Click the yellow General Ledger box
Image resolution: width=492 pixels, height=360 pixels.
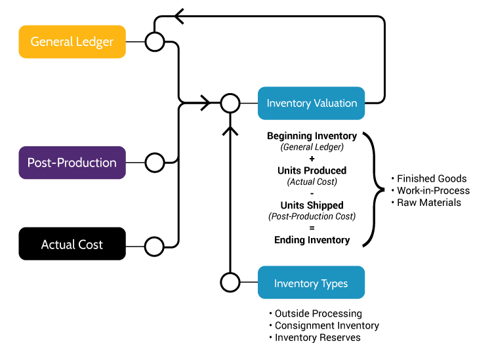click(x=72, y=42)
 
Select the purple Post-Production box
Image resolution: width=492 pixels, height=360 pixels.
click(x=72, y=163)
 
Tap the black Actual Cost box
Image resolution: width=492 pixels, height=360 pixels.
click(x=72, y=244)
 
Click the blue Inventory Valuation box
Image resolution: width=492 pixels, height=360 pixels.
click(x=311, y=103)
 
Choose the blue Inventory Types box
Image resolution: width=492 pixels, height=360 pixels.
click(x=311, y=283)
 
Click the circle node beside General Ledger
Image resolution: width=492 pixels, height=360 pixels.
click(x=154, y=42)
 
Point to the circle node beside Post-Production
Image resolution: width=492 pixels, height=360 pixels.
click(x=154, y=163)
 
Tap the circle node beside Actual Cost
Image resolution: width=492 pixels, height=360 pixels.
click(x=154, y=247)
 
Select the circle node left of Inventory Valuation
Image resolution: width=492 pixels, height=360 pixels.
click(x=230, y=103)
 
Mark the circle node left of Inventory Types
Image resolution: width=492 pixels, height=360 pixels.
click(x=230, y=283)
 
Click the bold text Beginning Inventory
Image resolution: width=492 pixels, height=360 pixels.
click(x=312, y=136)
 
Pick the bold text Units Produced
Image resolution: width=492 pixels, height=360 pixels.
click(x=312, y=170)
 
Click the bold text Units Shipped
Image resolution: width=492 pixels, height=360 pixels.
click(x=312, y=205)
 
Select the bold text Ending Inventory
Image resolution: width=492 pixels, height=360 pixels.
click(x=312, y=240)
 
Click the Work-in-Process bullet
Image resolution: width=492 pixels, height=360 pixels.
click(x=433, y=190)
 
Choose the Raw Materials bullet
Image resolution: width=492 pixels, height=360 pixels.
click(x=429, y=203)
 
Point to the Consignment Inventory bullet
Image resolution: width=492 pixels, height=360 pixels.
click(x=327, y=325)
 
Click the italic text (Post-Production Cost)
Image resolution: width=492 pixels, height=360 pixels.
click(x=312, y=216)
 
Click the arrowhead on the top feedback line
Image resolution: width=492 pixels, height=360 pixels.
click(x=178, y=17)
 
